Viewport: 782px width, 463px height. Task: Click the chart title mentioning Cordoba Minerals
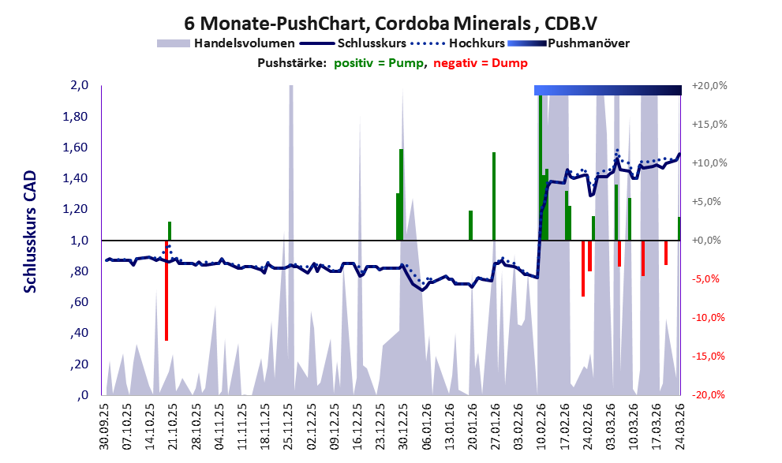[391, 21]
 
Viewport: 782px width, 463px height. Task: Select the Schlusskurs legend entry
[383, 43]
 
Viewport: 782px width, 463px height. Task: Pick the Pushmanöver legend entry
[588, 43]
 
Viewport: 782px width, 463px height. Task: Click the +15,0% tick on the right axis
[708, 125]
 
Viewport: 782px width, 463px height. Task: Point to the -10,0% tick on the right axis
[708, 318]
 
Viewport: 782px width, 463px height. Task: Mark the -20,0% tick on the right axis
[708, 395]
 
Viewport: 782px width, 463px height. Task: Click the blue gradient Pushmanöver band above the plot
[608, 90]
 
